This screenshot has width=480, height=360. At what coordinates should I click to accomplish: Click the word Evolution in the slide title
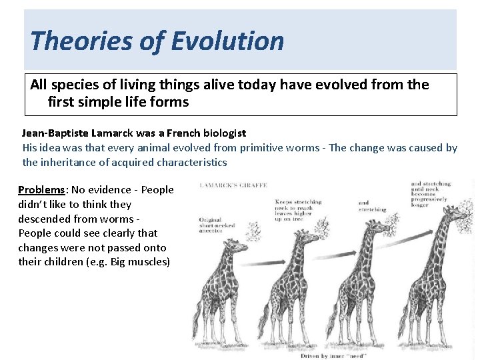[x=228, y=41]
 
